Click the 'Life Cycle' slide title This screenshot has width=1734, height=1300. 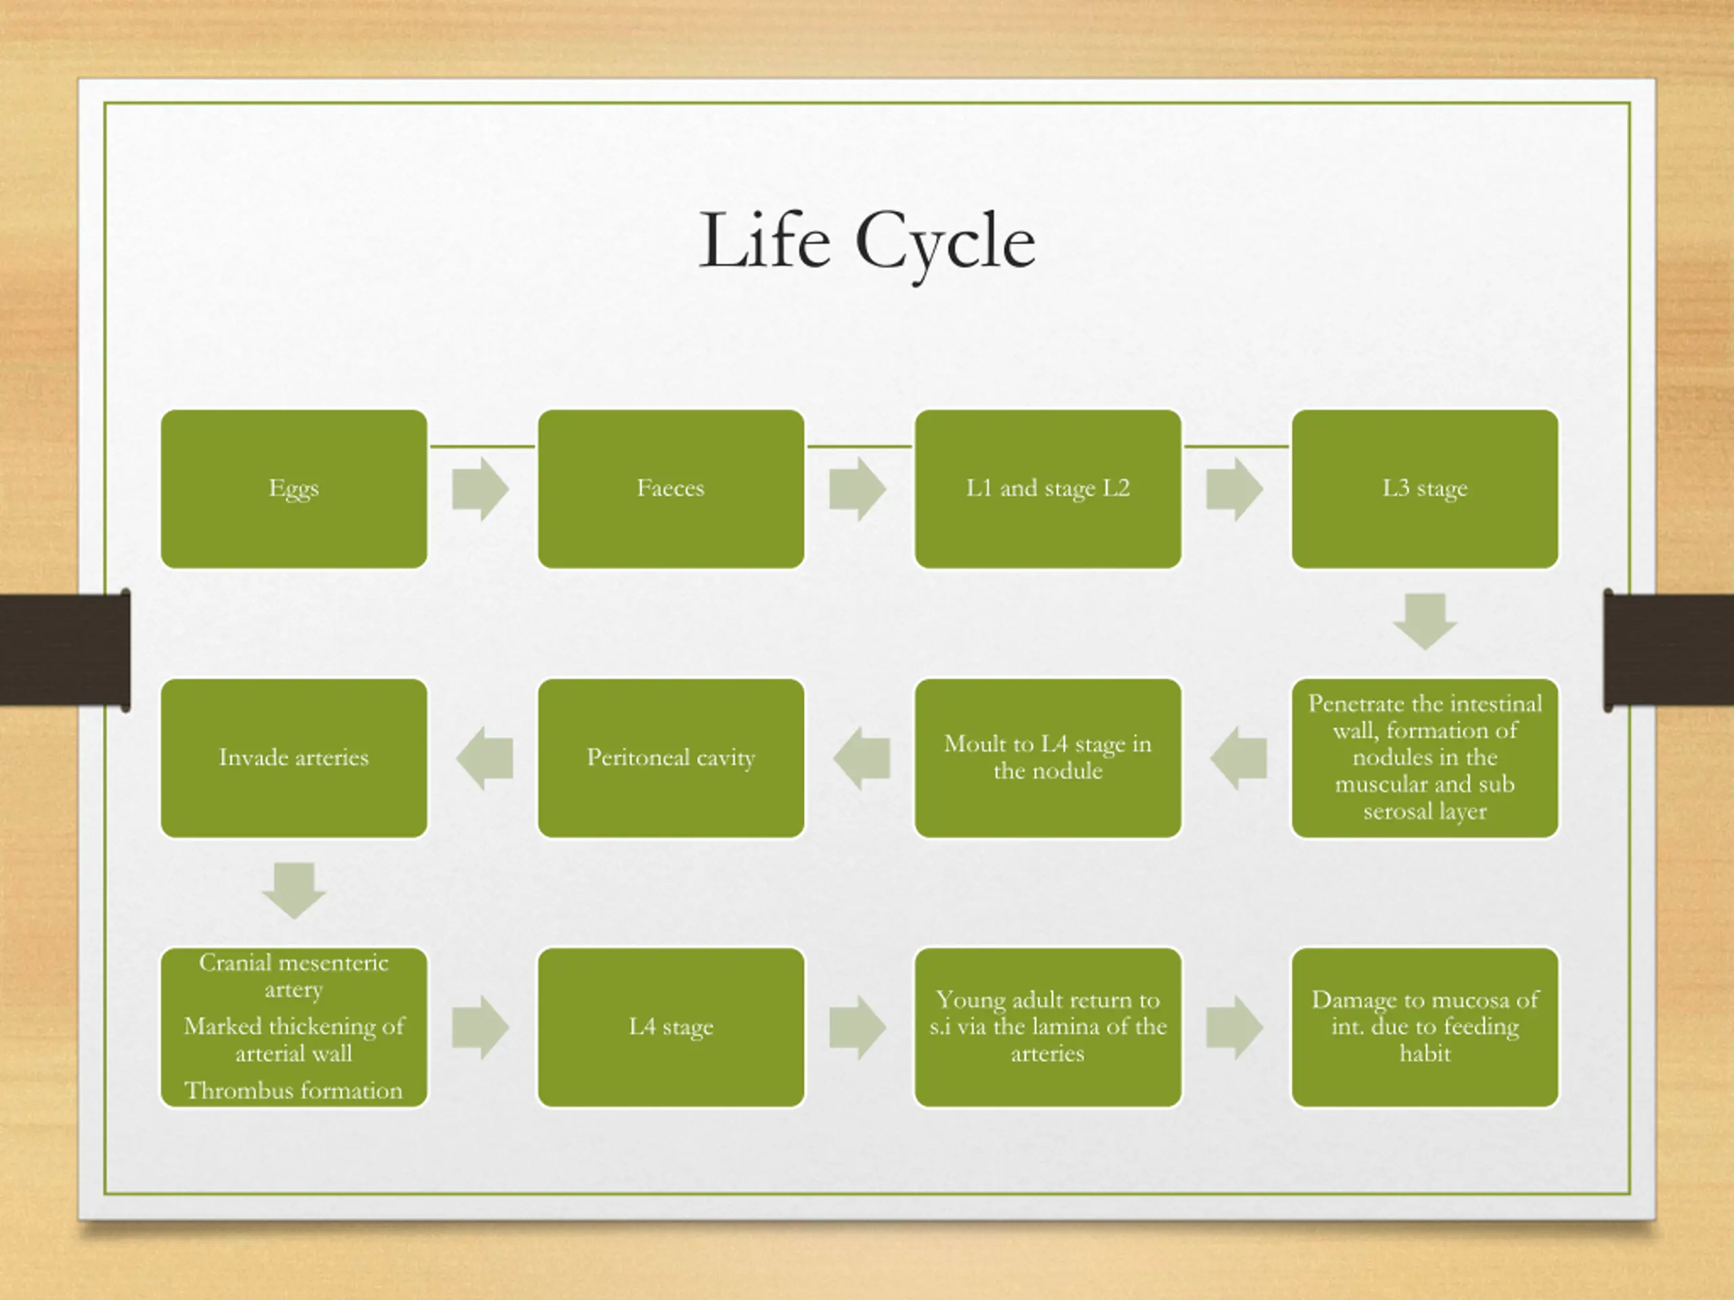point(867,240)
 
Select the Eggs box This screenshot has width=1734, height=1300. point(294,488)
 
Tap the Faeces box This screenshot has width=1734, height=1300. point(671,488)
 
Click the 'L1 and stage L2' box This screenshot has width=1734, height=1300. point(1047,488)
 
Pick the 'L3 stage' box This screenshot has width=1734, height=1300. point(1424,488)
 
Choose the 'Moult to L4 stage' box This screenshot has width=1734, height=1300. point(1047,757)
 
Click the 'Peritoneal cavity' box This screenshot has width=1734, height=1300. point(671,757)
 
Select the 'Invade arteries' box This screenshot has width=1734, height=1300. point(294,757)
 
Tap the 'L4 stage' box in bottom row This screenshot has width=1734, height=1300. point(671,1026)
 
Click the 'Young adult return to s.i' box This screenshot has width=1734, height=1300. point(1047,1026)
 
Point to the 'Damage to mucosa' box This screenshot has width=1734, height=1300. point(1424,1026)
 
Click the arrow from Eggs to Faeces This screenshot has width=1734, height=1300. point(480,489)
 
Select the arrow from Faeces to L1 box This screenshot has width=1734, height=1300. point(857,489)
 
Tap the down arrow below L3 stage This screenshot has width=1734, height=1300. point(1424,622)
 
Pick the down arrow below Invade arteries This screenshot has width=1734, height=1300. point(294,890)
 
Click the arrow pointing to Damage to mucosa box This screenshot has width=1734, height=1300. point(1234,1027)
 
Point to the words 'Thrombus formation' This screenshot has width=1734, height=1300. point(294,1090)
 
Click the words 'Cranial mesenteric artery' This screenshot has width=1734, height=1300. point(294,976)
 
